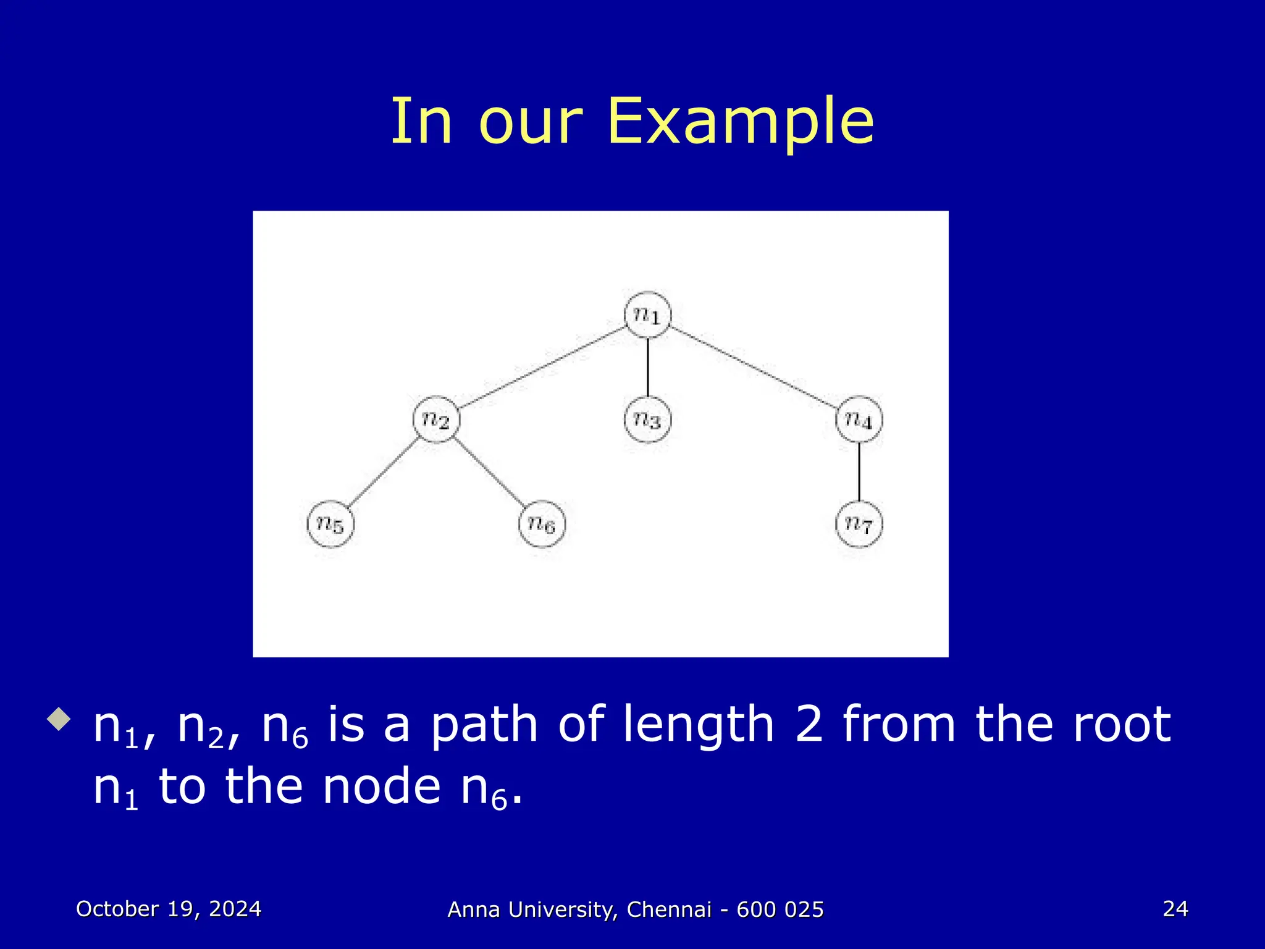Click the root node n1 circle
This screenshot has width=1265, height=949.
[647, 315]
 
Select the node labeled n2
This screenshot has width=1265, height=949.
[436, 420]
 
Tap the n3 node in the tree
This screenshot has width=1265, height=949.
[647, 420]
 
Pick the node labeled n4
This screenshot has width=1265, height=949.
[859, 420]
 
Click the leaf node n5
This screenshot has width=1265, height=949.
[330, 524]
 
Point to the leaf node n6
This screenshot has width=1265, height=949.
[542, 524]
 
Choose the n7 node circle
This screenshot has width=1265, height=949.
[859, 524]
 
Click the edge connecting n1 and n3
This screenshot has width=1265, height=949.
[647, 367]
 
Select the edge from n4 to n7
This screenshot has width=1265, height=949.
[859, 471]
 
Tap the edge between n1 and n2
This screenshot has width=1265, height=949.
[542, 368]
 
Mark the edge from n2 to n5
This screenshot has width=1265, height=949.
[384, 472]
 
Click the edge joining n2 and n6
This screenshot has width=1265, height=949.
[489, 472]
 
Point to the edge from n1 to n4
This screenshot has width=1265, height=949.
[753, 368]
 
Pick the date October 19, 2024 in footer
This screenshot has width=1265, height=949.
[169, 909]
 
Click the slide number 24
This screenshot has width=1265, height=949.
[1175, 909]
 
